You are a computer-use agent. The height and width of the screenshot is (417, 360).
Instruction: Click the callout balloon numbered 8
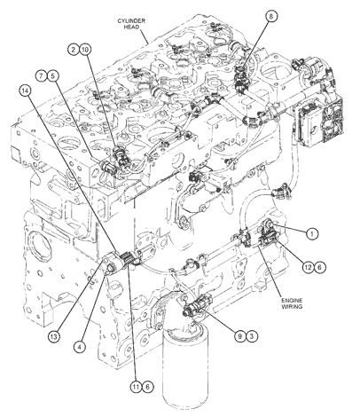click(271, 16)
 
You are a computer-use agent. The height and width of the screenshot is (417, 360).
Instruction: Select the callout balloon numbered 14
click(25, 91)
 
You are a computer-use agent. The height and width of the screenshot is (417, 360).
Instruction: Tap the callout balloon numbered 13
click(54, 336)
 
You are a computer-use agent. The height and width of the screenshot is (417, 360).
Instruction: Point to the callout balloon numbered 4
click(79, 346)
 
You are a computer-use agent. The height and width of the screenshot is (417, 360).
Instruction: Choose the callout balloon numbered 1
click(311, 234)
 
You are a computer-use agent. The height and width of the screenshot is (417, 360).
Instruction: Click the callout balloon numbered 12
click(308, 267)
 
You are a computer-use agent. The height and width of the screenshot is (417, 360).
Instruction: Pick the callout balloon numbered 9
click(240, 336)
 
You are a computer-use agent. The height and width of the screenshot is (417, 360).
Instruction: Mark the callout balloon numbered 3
click(252, 336)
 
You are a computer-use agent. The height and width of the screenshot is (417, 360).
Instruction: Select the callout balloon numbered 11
click(137, 387)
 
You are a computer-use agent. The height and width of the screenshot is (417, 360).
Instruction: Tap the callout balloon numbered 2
click(74, 50)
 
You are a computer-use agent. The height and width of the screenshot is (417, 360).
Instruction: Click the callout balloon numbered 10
click(85, 50)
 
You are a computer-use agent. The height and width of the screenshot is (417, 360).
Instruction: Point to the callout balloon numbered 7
click(42, 75)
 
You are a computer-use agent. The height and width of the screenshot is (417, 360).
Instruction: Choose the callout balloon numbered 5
click(52, 75)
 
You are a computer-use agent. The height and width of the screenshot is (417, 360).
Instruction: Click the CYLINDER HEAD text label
click(131, 24)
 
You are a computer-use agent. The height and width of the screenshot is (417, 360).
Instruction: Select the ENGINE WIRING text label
click(292, 303)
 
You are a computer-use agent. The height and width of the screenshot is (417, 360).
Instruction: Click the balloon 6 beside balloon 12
click(319, 267)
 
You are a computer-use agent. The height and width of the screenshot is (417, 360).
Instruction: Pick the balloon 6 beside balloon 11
click(148, 387)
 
